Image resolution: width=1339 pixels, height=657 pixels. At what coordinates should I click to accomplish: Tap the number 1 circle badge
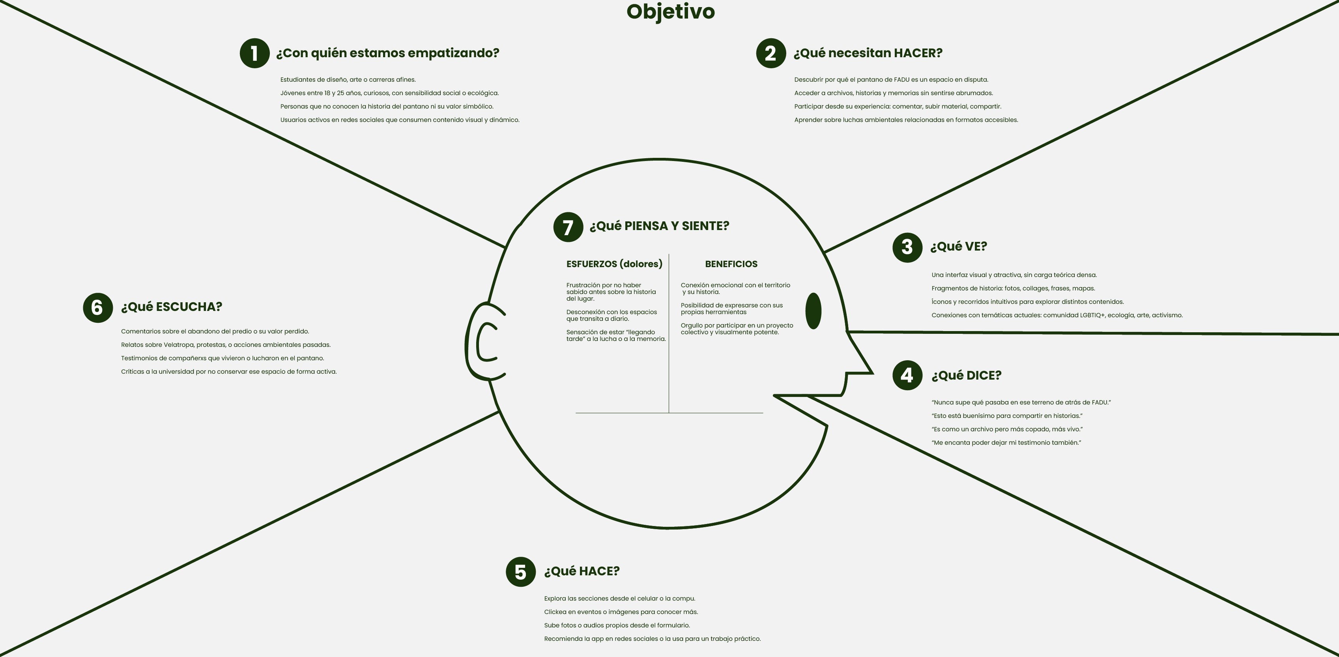tap(254, 53)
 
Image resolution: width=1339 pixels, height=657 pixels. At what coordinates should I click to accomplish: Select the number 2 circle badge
tap(771, 53)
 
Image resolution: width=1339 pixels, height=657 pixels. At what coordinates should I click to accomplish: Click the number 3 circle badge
tap(907, 247)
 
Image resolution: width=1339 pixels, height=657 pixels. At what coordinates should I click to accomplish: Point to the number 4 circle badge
tap(907, 375)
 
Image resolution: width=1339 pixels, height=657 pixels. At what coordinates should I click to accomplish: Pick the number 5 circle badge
tap(520, 572)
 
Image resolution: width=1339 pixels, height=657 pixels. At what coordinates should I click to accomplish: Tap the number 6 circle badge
tap(98, 308)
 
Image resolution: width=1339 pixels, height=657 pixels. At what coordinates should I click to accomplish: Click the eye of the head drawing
tap(813, 311)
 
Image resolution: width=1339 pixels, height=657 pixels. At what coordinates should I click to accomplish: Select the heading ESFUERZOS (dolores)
tap(614, 264)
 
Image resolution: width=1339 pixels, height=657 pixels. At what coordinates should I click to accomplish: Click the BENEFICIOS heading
tap(731, 264)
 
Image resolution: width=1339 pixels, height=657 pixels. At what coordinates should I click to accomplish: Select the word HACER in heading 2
tap(917, 53)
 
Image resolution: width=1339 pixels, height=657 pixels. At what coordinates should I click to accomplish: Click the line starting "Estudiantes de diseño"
tap(348, 80)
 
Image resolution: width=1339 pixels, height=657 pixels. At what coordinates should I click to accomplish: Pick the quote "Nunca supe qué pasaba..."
tap(1021, 402)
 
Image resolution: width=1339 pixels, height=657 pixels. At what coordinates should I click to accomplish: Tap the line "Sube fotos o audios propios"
tap(617, 625)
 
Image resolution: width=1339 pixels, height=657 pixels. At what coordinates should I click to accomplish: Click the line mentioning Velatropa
tap(226, 344)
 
